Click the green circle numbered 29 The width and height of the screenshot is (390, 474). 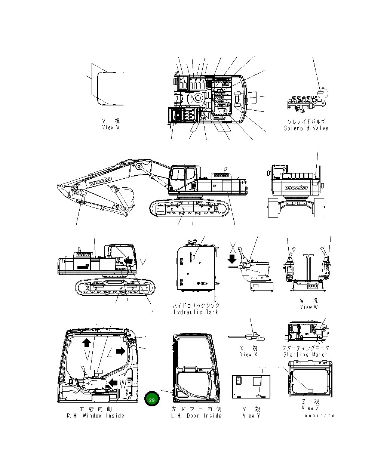[152, 400]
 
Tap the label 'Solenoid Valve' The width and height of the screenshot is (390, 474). [306, 128]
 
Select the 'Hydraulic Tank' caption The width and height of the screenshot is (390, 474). [196, 312]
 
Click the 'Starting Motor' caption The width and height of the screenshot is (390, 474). [305, 354]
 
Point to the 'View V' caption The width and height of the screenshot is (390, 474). [111, 127]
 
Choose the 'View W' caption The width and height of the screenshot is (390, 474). [308, 307]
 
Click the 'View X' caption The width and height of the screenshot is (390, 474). [249, 354]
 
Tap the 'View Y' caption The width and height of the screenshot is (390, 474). [251, 415]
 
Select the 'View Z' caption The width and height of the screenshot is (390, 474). [310, 408]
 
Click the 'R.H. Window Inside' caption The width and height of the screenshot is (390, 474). [95, 416]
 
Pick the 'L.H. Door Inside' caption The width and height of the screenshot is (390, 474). [196, 416]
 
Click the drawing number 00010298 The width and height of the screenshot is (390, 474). [319, 416]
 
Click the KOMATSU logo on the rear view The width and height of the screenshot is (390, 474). [296, 188]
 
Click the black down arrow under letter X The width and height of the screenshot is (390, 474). [232, 259]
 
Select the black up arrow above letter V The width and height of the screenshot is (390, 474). [87, 342]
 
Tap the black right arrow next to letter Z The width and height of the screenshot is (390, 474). [120, 351]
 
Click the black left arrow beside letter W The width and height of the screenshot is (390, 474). [113, 383]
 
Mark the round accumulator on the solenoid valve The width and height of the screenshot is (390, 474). [321, 92]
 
